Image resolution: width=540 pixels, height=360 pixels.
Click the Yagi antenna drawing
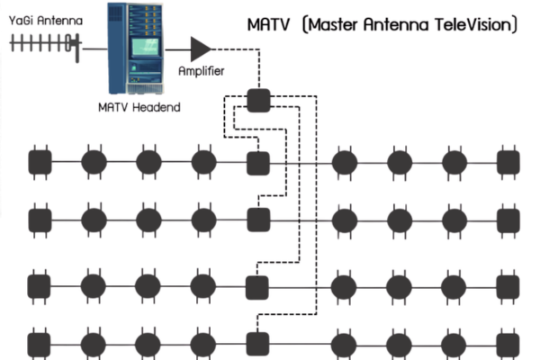[x=45, y=41]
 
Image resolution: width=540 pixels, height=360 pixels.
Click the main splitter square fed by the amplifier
[x=258, y=99]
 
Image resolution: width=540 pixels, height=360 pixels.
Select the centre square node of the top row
[x=258, y=163]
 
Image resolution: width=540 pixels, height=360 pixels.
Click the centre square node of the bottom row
[x=258, y=344]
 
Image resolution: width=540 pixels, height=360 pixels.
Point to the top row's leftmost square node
[x=40, y=163]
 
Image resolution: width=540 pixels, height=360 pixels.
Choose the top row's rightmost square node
[x=508, y=163]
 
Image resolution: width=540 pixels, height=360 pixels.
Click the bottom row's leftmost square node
[x=40, y=344]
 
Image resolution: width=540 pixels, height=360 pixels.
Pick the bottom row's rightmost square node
[x=508, y=344]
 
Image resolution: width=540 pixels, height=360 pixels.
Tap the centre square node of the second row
[x=258, y=219]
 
